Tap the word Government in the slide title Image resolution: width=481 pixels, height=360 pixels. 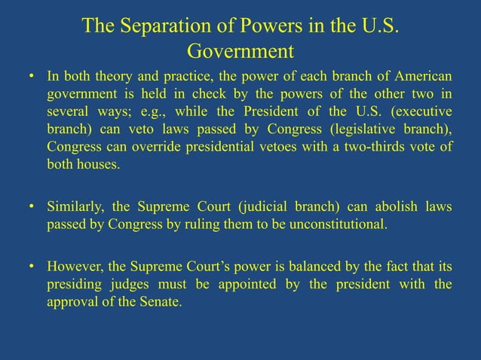click(x=240, y=53)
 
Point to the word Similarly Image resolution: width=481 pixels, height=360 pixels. click(x=76, y=207)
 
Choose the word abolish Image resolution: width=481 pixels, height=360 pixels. click(x=393, y=207)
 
